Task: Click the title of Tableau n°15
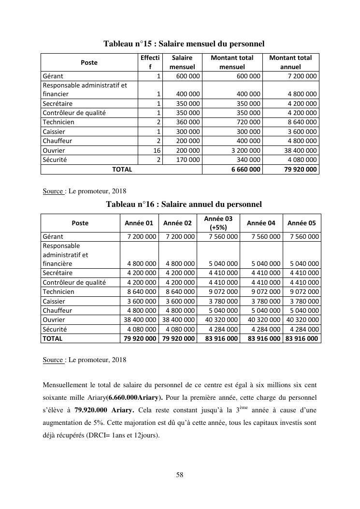click(x=184, y=44)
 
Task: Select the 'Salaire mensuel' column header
click(x=182, y=62)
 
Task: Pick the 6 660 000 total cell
click(x=247, y=169)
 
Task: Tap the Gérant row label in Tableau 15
click(x=53, y=76)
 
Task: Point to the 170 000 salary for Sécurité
click(x=187, y=160)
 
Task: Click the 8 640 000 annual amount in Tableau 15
click(x=302, y=122)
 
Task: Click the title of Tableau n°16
click(x=184, y=204)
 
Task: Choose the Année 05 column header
click(x=302, y=223)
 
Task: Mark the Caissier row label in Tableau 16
click(x=54, y=301)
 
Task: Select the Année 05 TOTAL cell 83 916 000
click(x=302, y=338)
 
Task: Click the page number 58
click(x=180, y=475)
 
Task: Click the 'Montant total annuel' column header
click(x=290, y=62)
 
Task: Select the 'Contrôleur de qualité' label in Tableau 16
click(x=74, y=282)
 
